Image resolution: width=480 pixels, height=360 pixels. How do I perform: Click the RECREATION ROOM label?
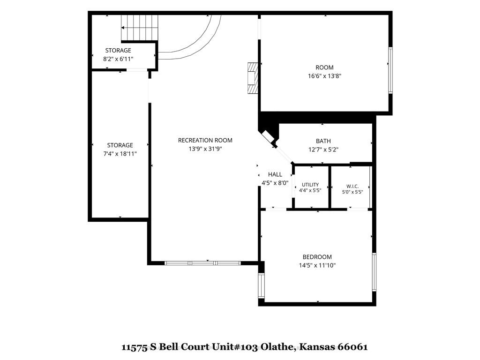coord(205,140)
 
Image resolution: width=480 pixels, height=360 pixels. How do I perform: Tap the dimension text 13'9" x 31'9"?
coord(205,149)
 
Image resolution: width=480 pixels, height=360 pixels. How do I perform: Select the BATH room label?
coord(323,141)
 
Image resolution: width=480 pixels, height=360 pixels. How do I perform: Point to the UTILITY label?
coord(310,185)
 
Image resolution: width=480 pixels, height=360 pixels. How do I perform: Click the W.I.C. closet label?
coord(352,186)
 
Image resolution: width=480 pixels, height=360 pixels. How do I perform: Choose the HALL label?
coord(275,174)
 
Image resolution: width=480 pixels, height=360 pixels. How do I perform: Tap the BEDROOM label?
coord(317,257)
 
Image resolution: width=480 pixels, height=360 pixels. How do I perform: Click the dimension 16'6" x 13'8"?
coord(324,75)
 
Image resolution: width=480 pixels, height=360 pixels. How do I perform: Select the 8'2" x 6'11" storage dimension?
coord(118,59)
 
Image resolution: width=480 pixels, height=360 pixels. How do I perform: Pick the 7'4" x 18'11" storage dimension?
coord(120,154)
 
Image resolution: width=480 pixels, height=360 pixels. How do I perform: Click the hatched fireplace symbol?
coord(253,78)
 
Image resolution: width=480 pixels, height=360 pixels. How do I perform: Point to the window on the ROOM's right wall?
coord(390,70)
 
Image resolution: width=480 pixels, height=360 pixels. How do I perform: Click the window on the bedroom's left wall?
coord(261,285)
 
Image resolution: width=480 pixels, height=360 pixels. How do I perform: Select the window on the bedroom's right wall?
coord(374,272)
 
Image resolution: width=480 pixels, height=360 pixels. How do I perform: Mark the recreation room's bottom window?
coord(202,263)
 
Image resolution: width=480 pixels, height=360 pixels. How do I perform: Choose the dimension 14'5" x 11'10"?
coord(317,265)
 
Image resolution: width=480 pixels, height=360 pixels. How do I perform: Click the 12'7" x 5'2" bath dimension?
coord(323,150)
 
